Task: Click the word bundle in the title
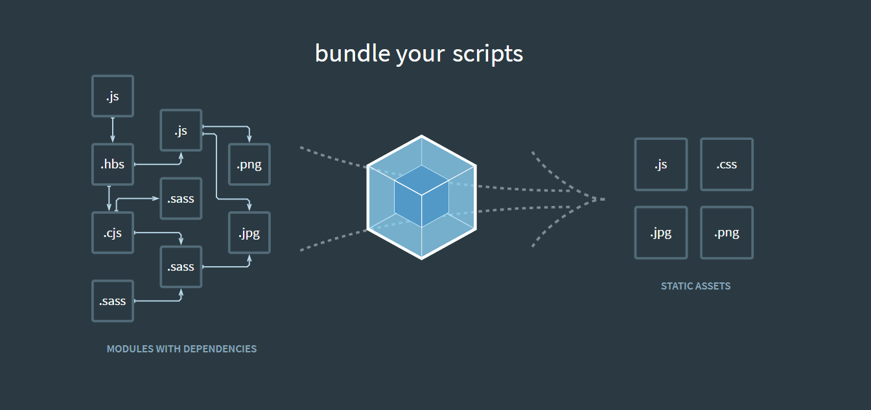coord(353,53)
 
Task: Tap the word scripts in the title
coord(487,54)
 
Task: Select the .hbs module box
coord(113,165)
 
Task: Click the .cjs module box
coord(113,233)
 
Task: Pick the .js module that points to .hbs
coord(113,96)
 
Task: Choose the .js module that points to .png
coord(181,130)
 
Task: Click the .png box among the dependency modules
coord(250,165)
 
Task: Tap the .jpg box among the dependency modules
coord(250,233)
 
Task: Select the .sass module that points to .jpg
coord(181,267)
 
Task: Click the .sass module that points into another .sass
coord(113,301)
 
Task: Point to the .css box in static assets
coord(726,165)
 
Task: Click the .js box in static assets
coord(661,165)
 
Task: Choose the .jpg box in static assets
coord(661,233)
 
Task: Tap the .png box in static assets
coord(726,233)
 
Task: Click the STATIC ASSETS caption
coord(695,286)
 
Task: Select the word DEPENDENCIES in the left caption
coord(220,349)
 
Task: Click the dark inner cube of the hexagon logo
coord(421,196)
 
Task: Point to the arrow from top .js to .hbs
coord(113,130)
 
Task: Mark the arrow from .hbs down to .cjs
coord(109,198)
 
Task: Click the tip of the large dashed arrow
coord(605,199)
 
